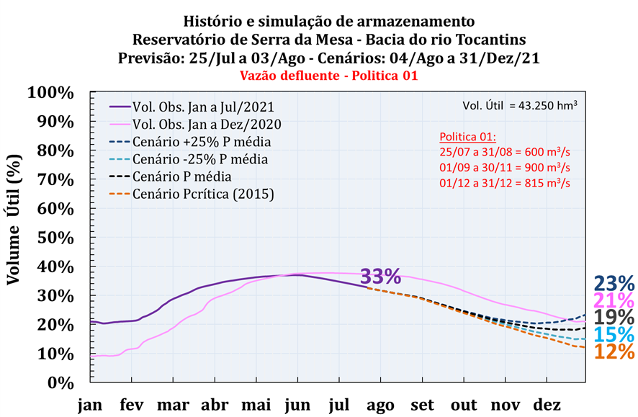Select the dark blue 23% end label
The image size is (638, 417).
[x=614, y=284]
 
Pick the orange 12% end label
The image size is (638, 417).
[x=614, y=351]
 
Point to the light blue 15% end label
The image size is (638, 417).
[x=614, y=335]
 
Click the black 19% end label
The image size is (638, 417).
[x=614, y=318]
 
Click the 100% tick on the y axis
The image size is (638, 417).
[x=50, y=93]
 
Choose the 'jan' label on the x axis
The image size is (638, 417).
[x=91, y=405]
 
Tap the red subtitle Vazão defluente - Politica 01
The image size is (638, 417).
[x=318, y=75]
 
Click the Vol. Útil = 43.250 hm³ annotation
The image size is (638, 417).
[x=521, y=106]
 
